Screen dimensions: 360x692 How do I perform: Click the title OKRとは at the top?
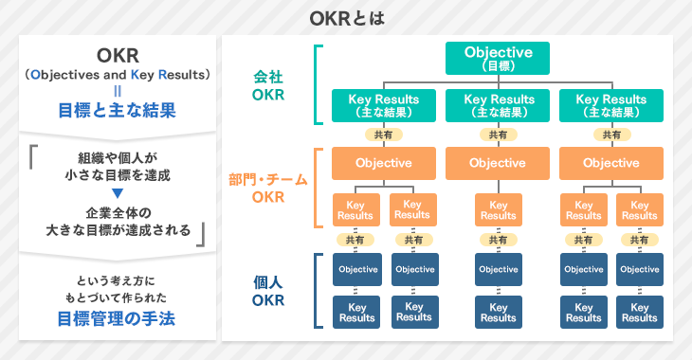(346, 18)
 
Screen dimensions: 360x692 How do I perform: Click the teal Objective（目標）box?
(498, 58)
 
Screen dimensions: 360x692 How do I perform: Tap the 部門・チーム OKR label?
(268, 188)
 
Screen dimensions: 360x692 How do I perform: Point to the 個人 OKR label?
(268, 291)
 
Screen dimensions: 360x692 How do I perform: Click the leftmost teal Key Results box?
(384, 105)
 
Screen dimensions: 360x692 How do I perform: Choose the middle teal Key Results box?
(498, 105)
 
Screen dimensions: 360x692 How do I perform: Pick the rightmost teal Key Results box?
(610, 105)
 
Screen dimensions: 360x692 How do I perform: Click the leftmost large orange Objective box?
(384, 163)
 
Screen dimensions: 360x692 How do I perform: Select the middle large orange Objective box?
(498, 163)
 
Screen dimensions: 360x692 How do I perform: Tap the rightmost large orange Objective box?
(610, 163)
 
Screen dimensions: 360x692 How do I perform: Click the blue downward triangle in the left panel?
(118, 194)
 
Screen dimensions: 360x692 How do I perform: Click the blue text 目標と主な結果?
(118, 111)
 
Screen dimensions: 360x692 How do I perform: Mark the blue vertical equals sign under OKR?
(118, 91)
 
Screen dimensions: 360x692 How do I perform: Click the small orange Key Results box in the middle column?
(498, 210)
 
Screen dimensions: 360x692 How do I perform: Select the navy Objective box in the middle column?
(498, 270)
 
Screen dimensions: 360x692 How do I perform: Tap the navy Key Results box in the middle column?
(498, 313)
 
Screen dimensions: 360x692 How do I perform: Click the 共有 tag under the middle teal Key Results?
(498, 135)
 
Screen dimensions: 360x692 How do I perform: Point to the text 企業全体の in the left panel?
(118, 211)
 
